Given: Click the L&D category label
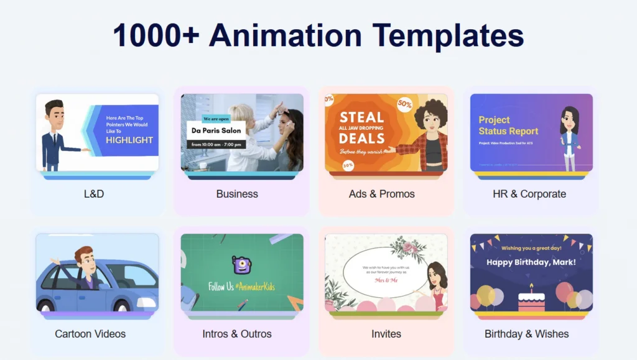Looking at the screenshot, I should (x=94, y=194).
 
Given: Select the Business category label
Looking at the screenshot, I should (x=237, y=194).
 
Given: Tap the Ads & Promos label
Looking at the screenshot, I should (x=381, y=194).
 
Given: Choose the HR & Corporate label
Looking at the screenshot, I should (x=529, y=194).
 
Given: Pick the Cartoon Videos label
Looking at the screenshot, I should (x=90, y=334).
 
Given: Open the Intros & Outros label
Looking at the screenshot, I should (x=237, y=334).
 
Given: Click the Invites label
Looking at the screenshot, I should (x=386, y=334).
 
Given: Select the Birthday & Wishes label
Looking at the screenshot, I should (x=526, y=334).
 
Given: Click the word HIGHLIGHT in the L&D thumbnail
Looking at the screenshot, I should (x=129, y=140).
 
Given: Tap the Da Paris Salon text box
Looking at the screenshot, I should (x=216, y=131).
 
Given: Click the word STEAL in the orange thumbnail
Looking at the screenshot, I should (x=361, y=117).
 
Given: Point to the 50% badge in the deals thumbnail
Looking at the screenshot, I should (x=404, y=104).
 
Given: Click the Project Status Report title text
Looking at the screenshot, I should (x=508, y=126).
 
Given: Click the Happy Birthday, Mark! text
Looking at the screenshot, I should (x=531, y=262).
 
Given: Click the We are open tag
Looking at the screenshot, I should (x=216, y=119).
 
